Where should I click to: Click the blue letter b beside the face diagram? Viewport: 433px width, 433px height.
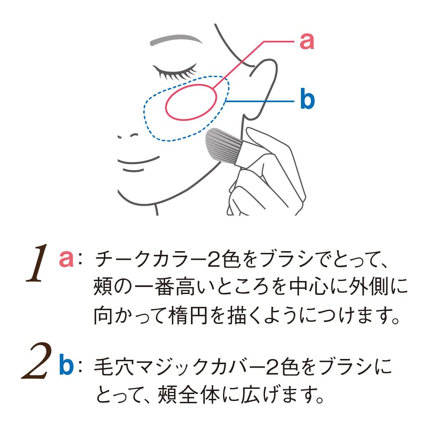tap(307, 98)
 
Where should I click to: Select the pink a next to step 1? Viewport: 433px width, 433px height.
tap(66, 259)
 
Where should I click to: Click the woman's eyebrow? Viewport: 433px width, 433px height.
tap(176, 40)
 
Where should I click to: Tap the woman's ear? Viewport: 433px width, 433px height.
tap(262, 89)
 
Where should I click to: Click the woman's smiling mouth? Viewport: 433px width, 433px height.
tap(138, 161)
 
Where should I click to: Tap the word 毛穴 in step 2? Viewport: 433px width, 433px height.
tap(113, 367)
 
